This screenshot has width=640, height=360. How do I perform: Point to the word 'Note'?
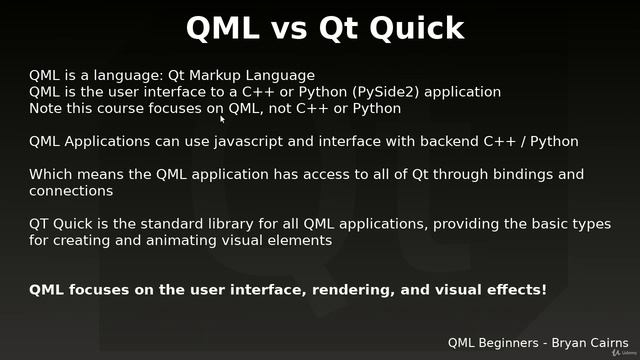click(x=46, y=108)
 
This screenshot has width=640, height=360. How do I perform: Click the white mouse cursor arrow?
click(x=223, y=118)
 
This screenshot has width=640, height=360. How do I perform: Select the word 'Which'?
click(x=51, y=174)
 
